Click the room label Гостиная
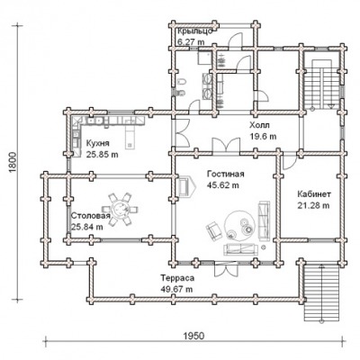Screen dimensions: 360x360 coord(226,175)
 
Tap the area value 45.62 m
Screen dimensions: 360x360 coord(223,185)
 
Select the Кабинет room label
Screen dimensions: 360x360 coord(314,194)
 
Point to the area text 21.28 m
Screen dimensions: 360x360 coord(313,205)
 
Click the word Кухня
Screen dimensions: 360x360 coord(98,143)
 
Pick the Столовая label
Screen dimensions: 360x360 coord(91,216)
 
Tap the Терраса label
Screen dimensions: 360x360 coord(177,278)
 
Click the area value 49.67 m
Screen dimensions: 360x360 coord(176,290)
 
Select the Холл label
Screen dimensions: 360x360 coord(259,125)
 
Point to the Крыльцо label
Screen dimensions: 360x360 coord(195,31)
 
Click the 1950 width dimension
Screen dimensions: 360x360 coord(193,336)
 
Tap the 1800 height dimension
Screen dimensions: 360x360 coord(12,163)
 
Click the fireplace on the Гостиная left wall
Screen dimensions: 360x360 coord(186,186)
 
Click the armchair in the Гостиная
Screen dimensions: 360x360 coord(213,230)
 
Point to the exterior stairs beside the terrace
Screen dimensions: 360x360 coord(321,293)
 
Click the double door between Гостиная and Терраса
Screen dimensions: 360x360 coord(227,268)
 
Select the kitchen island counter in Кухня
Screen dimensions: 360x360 coord(131,137)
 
